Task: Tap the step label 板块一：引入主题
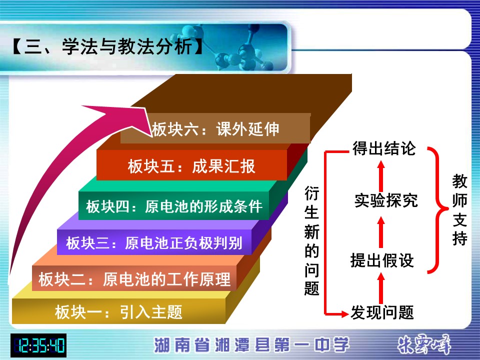coord(119,312)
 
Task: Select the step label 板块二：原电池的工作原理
coord(134,279)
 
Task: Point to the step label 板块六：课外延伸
coord(215,129)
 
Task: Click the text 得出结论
coord(384,148)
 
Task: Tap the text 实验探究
coord(386,200)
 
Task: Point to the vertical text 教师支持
coord(460,209)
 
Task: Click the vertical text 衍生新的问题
coord(312,240)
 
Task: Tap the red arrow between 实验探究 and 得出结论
coord(381,176)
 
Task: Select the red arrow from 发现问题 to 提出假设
coord(381,288)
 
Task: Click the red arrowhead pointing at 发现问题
coord(344,314)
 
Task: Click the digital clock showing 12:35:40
coord(38,345)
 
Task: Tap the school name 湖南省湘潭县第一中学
coord(251,344)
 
